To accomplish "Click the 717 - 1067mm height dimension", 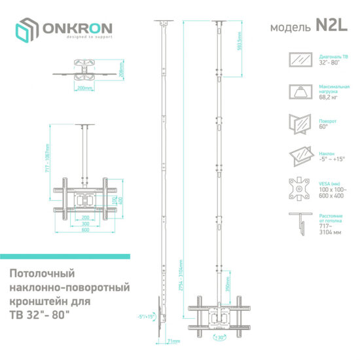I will click(x=47, y=158).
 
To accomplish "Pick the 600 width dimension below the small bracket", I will click(x=85, y=230).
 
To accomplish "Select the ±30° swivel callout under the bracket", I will click(x=217, y=338).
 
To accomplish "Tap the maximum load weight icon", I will click(x=300, y=92).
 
